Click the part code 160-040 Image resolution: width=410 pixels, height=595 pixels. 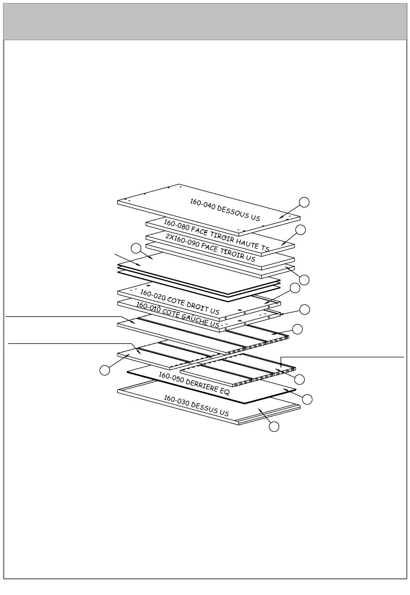[202, 205]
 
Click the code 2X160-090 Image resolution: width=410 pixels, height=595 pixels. [182, 241]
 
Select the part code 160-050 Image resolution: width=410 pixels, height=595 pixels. [171, 377]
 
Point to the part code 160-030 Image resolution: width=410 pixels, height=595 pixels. [176, 400]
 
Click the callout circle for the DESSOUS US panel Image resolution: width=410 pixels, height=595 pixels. [304, 203]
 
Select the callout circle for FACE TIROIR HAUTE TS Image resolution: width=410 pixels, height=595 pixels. [300, 230]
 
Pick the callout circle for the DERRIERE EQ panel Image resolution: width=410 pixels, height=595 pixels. [307, 399]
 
